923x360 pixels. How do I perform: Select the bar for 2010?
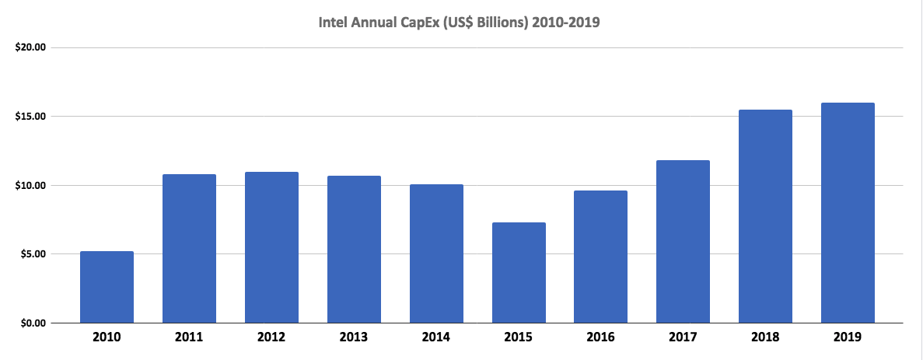click(x=107, y=287)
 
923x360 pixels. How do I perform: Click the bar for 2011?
click(x=189, y=249)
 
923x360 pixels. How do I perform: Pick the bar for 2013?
click(x=354, y=250)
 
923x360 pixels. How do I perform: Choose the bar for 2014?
click(x=436, y=253)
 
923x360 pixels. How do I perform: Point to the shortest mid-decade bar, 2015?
click(x=519, y=273)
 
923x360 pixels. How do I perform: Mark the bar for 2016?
click(x=601, y=257)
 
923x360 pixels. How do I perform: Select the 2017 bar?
click(x=683, y=242)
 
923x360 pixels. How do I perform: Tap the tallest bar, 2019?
click(x=848, y=213)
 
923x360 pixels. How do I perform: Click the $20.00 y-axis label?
click(x=31, y=47)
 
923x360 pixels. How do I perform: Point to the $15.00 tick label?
click(x=31, y=117)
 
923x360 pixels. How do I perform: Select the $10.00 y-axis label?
click(x=31, y=185)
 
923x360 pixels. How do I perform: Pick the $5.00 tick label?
click(x=33, y=254)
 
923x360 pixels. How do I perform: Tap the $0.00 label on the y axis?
click(x=33, y=323)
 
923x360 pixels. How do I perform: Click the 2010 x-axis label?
click(x=107, y=337)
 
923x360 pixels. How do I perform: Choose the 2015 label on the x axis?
click(x=519, y=337)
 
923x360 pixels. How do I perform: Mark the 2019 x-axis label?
click(x=848, y=337)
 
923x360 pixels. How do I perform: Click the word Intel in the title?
click(x=334, y=23)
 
